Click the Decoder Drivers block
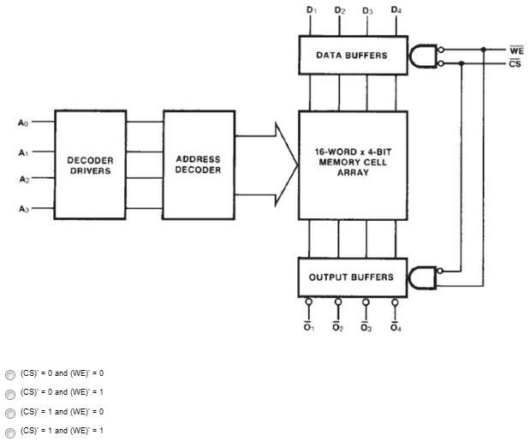(x=90, y=164)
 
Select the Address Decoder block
(x=198, y=164)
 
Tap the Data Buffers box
(x=351, y=55)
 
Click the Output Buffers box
(x=351, y=277)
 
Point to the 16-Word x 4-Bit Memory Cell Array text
(x=351, y=162)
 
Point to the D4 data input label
(x=395, y=10)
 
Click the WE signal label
(x=515, y=51)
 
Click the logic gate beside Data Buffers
(x=423, y=56)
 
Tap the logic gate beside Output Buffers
(x=423, y=277)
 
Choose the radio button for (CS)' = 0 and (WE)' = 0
(x=9, y=373)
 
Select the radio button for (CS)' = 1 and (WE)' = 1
(x=9, y=431)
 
